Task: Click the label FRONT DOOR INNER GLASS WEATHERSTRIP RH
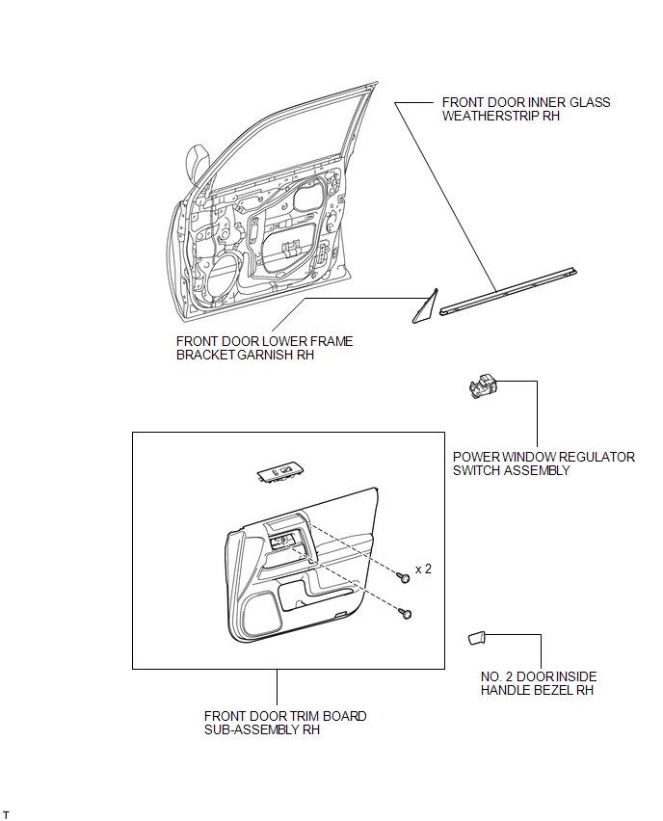(x=525, y=109)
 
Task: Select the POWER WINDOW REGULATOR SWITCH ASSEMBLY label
(x=544, y=463)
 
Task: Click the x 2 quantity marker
(x=423, y=569)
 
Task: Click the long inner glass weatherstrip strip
(x=510, y=291)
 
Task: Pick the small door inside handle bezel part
(x=476, y=637)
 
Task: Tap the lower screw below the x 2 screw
(x=407, y=613)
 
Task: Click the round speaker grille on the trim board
(x=261, y=607)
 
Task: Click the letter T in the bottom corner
(x=6, y=814)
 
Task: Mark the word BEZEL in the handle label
(x=561, y=690)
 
